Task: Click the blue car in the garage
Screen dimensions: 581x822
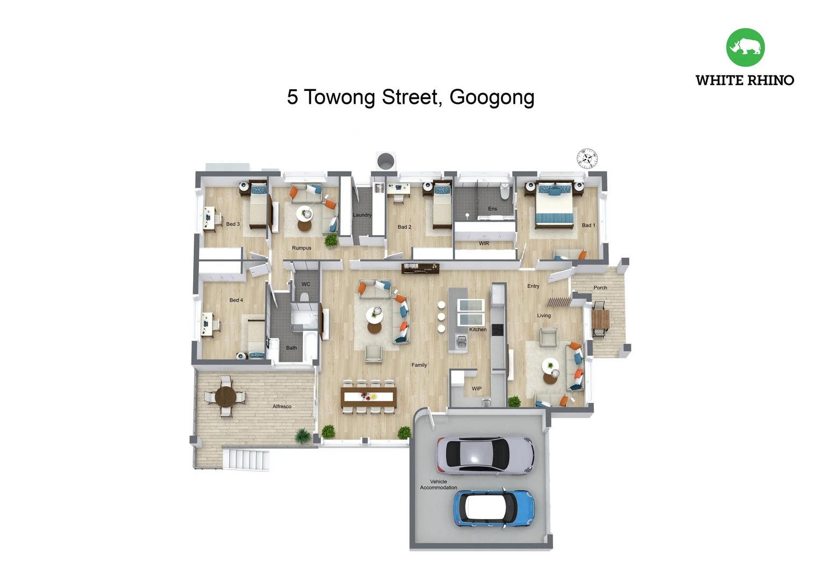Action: (493, 508)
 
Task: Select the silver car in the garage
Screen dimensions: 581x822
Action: (485, 455)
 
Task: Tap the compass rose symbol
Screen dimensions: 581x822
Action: (587, 159)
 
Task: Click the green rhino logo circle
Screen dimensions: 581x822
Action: (745, 47)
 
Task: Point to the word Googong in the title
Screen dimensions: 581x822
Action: (492, 97)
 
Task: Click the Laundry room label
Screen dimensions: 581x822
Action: (362, 215)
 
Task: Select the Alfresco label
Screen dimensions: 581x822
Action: (282, 407)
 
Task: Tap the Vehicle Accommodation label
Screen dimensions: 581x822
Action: (438, 485)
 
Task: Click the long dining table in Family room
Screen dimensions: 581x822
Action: (369, 397)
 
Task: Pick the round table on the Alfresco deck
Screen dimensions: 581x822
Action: (226, 397)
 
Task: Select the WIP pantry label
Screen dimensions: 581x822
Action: (477, 388)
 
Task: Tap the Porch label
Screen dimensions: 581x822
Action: (600, 288)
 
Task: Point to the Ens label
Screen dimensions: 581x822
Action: (492, 209)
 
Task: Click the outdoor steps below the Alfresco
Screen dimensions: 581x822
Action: (246, 459)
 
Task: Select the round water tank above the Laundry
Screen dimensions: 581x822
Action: (386, 160)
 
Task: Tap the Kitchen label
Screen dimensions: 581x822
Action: (478, 329)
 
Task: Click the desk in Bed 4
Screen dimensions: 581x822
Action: (207, 324)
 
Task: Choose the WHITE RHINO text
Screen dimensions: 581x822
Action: (745, 80)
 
